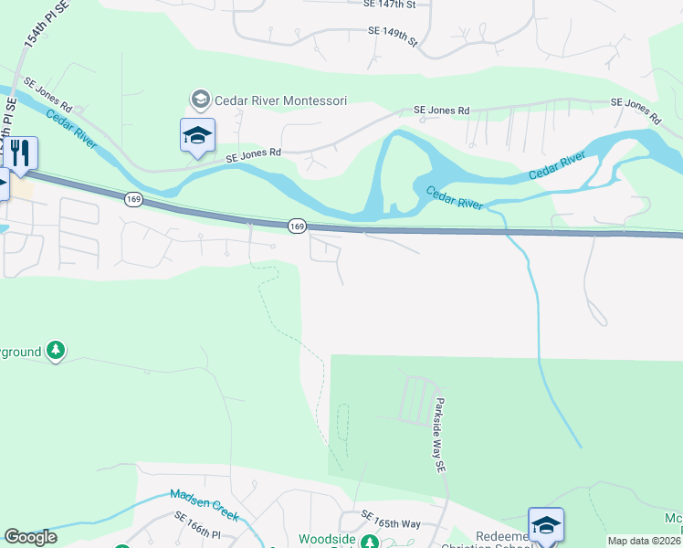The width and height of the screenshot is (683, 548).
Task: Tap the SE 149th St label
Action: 392,37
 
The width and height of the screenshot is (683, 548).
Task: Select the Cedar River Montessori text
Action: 280,99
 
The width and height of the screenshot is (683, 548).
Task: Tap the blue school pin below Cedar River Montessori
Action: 197,136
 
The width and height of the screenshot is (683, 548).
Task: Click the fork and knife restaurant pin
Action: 19,153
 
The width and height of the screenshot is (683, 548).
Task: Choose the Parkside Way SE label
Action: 438,434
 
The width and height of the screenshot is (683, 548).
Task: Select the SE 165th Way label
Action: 391,519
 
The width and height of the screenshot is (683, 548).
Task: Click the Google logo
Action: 30,537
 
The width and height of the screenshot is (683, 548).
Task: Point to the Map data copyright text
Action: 644,541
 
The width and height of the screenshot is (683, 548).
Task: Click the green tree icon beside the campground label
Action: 56,350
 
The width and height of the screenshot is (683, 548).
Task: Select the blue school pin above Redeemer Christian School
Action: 545,525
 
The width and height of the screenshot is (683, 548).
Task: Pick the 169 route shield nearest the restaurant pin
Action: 134,198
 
